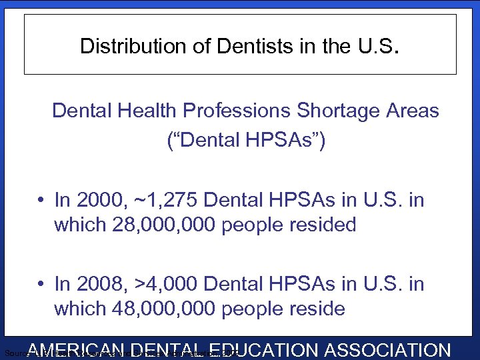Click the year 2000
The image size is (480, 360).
[97, 200]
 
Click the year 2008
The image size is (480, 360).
[97, 284]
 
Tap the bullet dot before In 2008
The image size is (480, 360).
[41, 285]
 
